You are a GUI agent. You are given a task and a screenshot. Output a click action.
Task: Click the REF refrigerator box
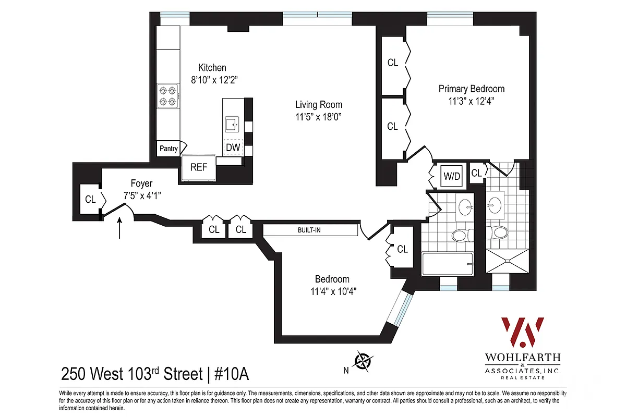[198, 167]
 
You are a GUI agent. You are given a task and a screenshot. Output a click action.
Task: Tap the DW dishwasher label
[233, 148]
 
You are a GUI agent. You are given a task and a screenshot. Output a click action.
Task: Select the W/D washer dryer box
[452, 176]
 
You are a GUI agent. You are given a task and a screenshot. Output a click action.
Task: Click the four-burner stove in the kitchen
[168, 95]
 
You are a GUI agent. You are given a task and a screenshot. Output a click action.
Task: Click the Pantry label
[168, 149]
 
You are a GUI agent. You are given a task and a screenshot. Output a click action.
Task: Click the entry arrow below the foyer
[121, 228]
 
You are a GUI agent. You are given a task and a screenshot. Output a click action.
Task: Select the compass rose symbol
[363, 360]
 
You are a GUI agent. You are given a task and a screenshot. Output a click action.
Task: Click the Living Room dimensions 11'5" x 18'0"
[318, 118]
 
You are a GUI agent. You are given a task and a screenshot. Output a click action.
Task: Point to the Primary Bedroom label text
[471, 89]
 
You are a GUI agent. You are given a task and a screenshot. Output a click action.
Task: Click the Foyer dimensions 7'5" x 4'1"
[141, 196]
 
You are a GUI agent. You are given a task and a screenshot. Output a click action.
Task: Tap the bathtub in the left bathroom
[448, 264]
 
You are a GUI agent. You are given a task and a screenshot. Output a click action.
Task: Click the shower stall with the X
[509, 261]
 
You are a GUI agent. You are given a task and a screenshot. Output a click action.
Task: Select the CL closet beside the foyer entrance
[90, 199]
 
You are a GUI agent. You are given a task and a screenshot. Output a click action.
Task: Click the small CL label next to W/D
[476, 173]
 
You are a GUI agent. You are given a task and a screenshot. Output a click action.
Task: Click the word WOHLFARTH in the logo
[522, 358]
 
